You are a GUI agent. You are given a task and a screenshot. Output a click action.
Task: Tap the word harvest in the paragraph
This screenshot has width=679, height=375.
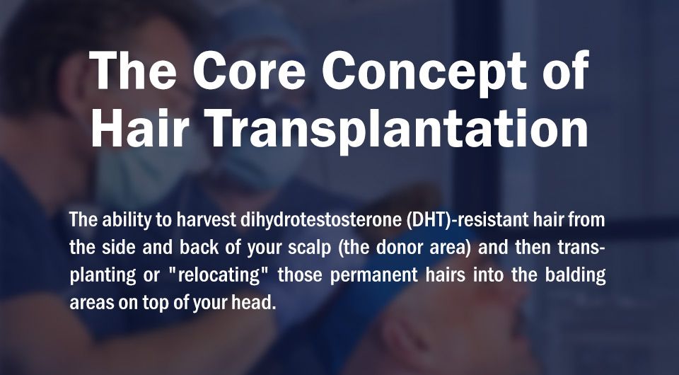click(x=205, y=219)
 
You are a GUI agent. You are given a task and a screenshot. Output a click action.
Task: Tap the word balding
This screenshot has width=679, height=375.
click(x=575, y=275)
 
